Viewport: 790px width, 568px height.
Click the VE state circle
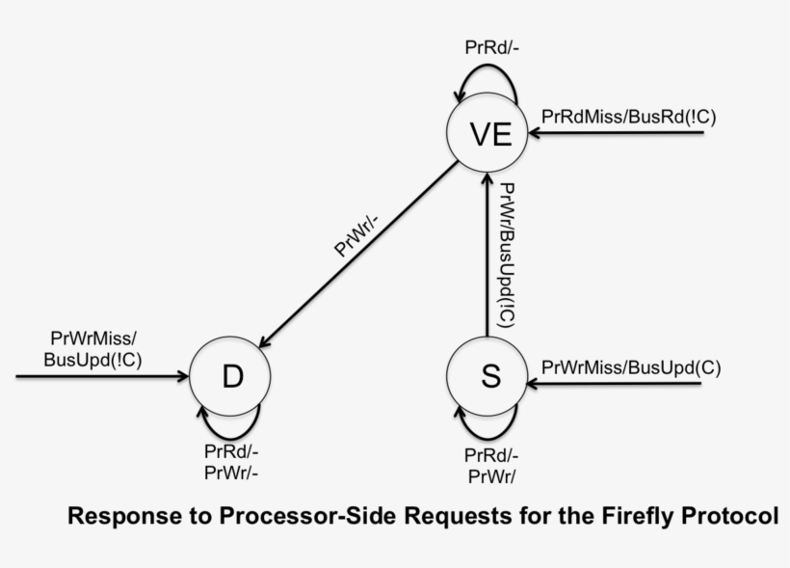point(489,133)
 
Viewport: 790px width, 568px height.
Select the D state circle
point(231,376)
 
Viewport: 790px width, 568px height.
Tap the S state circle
point(489,376)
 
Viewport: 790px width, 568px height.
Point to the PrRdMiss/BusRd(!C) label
point(629,116)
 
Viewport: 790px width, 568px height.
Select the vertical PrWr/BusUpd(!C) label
point(508,256)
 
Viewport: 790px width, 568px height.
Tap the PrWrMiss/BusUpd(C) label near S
point(631,367)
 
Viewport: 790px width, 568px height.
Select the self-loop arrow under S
point(489,421)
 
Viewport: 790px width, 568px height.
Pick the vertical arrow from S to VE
point(487,256)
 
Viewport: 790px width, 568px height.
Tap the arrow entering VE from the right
point(626,133)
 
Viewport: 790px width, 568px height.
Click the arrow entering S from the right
point(617,384)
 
